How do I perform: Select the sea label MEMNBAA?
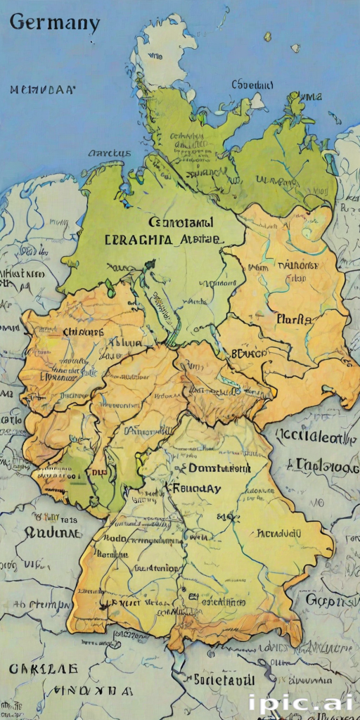[x=43, y=90]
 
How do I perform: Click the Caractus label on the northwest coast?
[x=110, y=153]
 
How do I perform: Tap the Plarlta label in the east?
[x=293, y=319]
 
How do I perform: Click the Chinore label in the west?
[x=82, y=332]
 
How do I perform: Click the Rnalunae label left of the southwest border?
[x=53, y=532]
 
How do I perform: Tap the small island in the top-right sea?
[x=267, y=36]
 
